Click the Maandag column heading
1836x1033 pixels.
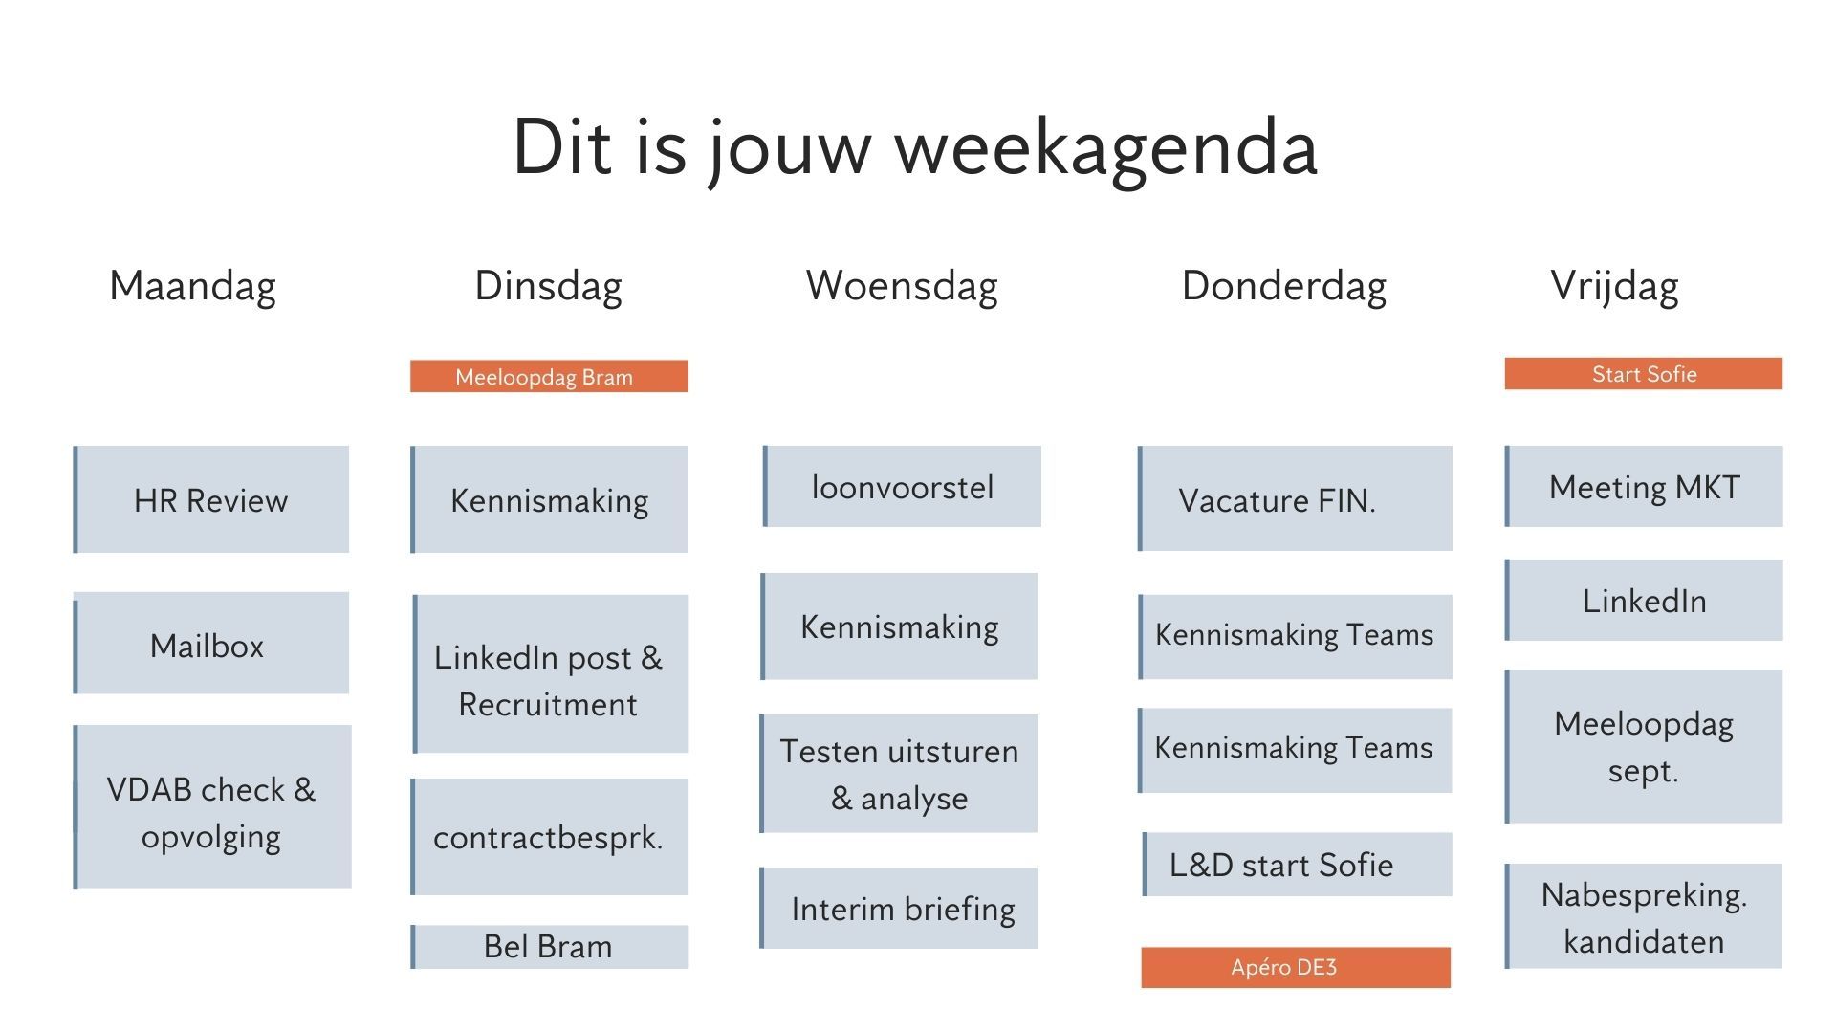coord(192,286)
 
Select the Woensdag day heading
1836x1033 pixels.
coord(902,286)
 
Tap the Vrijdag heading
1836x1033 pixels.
coord(1614,286)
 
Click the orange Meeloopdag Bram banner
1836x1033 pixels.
coord(549,376)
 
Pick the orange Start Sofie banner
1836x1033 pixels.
coord(1643,374)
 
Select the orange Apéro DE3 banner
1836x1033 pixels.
coord(1296,967)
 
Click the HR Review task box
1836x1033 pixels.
coord(211,499)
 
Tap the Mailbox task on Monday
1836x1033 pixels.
coord(211,644)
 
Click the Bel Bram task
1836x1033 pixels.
coord(550,946)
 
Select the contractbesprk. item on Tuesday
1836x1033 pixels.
coord(550,837)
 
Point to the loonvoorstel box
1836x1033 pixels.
coord(903,487)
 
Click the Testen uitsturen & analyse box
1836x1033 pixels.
coord(899,774)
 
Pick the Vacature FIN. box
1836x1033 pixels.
coord(1295,498)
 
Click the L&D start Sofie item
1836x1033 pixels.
coord(1297,865)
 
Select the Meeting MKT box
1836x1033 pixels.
coord(1644,487)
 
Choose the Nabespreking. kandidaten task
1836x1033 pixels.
coord(1644,917)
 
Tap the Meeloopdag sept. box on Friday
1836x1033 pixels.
coord(1644,746)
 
